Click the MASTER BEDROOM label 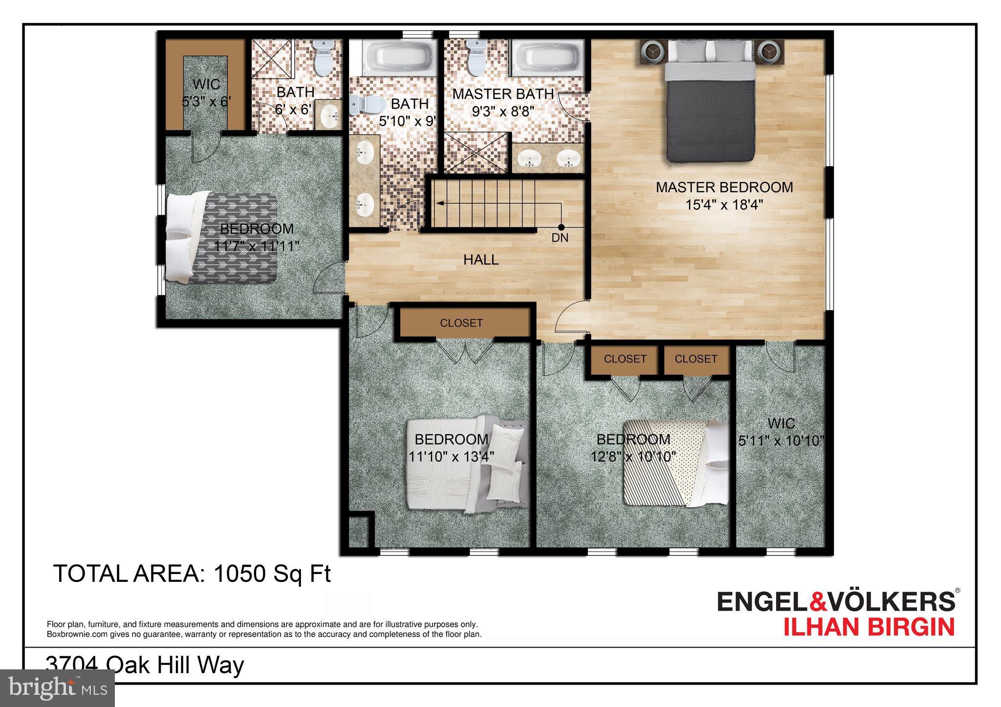(x=724, y=187)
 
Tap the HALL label (x=481, y=260)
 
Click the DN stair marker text (x=560, y=238)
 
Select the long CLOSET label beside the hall (x=461, y=323)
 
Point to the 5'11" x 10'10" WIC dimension (x=781, y=441)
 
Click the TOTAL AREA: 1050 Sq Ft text (x=192, y=573)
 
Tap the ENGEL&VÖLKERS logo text (x=835, y=601)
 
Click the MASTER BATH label (x=503, y=94)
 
